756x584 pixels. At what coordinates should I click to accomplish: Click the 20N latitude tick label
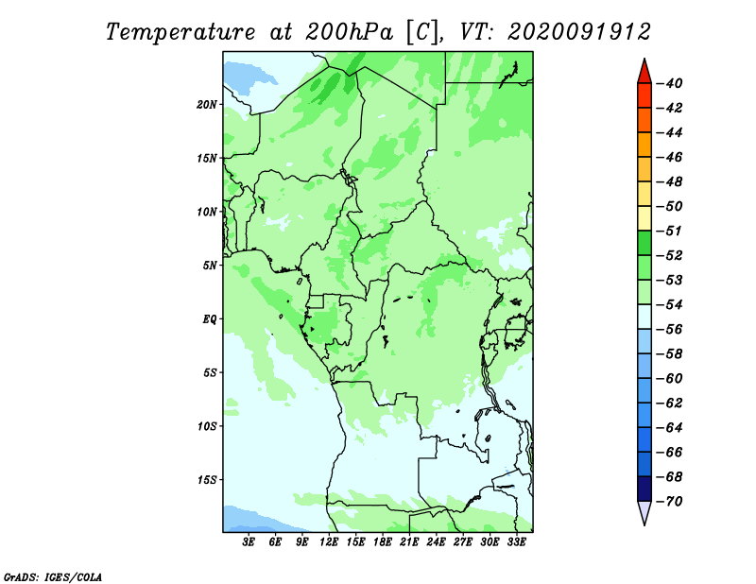click(x=207, y=105)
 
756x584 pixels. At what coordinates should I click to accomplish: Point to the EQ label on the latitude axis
click(x=210, y=319)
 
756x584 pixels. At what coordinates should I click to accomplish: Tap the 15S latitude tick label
click(x=207, y=480)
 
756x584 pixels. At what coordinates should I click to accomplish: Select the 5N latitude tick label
click(x=210, y=266)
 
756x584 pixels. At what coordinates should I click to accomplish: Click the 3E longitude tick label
click(x=249, y=541)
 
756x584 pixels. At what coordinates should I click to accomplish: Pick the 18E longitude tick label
click(x=383, y=541)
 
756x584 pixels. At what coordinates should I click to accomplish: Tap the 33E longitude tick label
click(x=516, y=541)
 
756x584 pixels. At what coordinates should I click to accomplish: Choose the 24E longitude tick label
click(x=436, y=541)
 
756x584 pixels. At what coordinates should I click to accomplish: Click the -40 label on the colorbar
click(x=670, y=83)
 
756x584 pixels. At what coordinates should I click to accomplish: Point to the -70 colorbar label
click(x=670, y=502)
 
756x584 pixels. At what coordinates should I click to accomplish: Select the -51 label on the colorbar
click(x=670, y=231)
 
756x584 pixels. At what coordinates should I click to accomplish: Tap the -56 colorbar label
click(x=670, y=330)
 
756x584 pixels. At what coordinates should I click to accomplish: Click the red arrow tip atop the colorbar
click(x=644, y=59)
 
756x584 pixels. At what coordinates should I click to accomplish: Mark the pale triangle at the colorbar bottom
click(x=644, y=512)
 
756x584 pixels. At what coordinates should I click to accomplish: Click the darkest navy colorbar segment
click(x=644, y=489)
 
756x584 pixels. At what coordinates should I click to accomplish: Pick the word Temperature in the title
click(x=180, y=32)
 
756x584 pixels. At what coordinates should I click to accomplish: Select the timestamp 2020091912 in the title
click(x=579, y=32)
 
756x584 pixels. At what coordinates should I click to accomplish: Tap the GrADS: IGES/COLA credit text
click(x=53, y=576)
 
